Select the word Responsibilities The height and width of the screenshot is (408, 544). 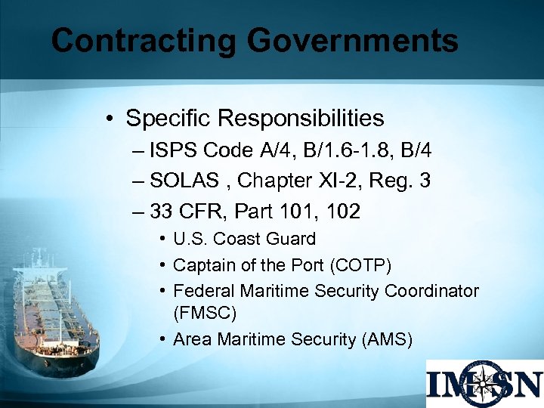[x=301, y=119]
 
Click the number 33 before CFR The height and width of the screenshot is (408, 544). [x=162, y=212]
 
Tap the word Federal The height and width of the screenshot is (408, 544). [x=203, y=291]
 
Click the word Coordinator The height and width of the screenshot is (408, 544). [x=431, y=291]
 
